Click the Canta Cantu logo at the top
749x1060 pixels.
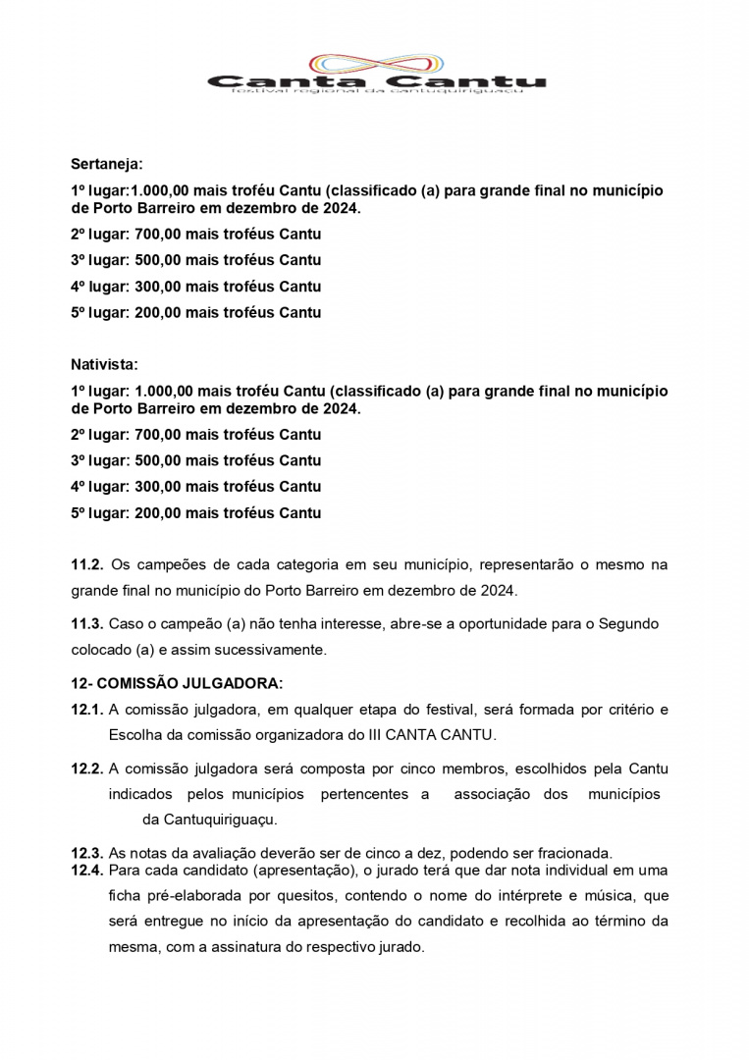click(376, 73)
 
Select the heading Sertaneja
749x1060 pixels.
click(106, 165)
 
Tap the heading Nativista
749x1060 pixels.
click(104, 365)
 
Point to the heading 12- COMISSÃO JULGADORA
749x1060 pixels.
click(177, 683)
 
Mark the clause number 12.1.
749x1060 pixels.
click(86, 710)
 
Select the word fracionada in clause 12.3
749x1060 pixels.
click(572, 853)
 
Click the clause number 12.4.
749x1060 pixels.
click(86, 871)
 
